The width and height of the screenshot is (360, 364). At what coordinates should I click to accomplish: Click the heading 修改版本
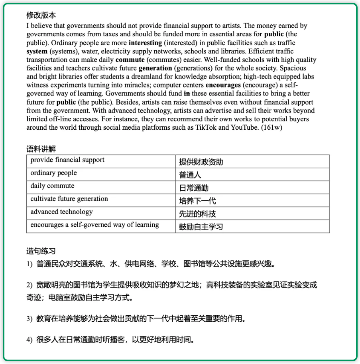(x=41, y=15)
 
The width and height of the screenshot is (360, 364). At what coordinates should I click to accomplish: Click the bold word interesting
(x=145, y=43)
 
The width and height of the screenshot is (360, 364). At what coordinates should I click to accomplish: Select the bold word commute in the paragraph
(x=130, y=60)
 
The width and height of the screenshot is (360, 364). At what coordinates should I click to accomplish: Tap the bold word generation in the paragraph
(x=155, y=68)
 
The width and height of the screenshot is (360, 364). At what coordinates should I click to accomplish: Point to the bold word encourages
(x=223, y=85)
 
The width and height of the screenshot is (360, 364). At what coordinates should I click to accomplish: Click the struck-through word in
(x=186, y=94)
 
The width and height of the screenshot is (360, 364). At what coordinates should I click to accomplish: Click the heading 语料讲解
(x=41, y=149)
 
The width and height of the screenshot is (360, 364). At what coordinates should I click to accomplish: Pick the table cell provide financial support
(x=67, y=160)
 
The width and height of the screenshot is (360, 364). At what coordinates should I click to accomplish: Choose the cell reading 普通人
(x=190, y=175)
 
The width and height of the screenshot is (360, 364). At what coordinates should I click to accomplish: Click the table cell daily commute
(x=52, y=186)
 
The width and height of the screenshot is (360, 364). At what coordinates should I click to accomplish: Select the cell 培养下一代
(x=197, y=201)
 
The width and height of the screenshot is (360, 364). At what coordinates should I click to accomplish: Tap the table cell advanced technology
(x=61, y=212)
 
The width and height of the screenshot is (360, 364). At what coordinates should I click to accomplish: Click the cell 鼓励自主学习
(x=201, y=227)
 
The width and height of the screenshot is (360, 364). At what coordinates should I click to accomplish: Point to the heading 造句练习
(x=41, y=251)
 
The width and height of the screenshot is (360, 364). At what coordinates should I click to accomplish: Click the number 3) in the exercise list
(x=30, y=319)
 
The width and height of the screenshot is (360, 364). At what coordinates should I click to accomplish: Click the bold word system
(x=37, y=51)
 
